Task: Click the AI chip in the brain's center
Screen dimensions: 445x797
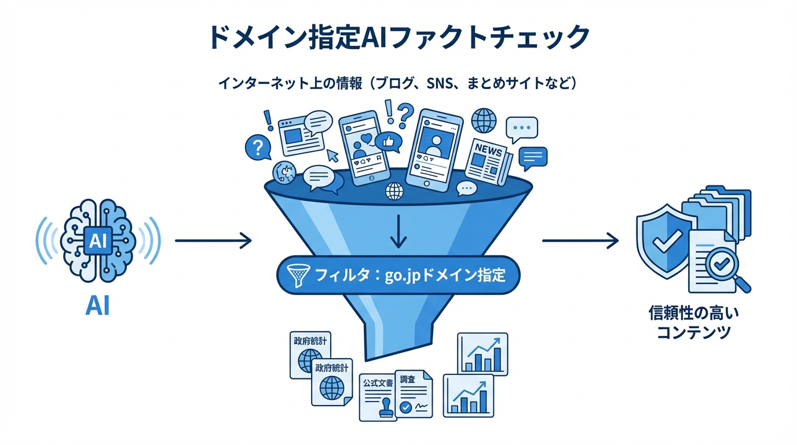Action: point(98,240)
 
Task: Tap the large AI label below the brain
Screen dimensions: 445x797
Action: point(97,307)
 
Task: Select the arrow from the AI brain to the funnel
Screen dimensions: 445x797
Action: point(213,240)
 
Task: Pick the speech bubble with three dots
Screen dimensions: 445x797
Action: point(521,129)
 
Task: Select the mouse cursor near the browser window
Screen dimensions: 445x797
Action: point(333,155)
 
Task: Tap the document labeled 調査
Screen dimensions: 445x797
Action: point(414,394)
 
